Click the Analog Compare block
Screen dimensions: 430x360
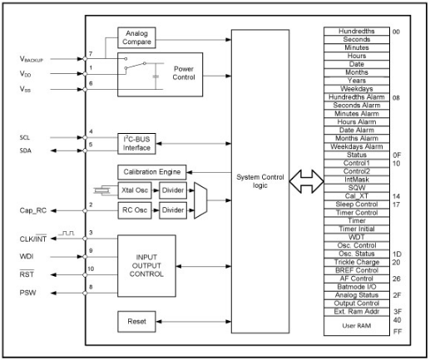coord(136,37)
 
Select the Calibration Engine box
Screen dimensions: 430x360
coord(152,172)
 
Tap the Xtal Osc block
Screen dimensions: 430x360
coord(135,190)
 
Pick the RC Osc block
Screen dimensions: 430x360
coord(135,210)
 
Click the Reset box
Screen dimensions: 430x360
coord(136,322)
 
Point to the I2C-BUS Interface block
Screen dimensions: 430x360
coord(136,144)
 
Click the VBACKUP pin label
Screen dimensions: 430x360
coord(31,59)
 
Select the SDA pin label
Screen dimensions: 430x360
coord(25,150)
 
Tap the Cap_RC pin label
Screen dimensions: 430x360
coord(33,210)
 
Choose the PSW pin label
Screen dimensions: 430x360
coord(27,293)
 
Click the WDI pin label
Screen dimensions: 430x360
coord(27,256)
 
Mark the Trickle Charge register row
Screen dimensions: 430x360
coord(357,262)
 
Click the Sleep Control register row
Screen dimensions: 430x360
coord(357,205)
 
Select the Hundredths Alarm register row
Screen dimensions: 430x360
coord(357,97)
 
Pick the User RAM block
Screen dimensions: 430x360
coord(357,326)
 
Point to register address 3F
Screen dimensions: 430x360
coord(398,312)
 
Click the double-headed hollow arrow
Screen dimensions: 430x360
coord(306,181)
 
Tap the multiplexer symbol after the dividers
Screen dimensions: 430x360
coord(200,200)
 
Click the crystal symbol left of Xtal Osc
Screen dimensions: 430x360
coord(101,190)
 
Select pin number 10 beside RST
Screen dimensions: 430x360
coord(91,269)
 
